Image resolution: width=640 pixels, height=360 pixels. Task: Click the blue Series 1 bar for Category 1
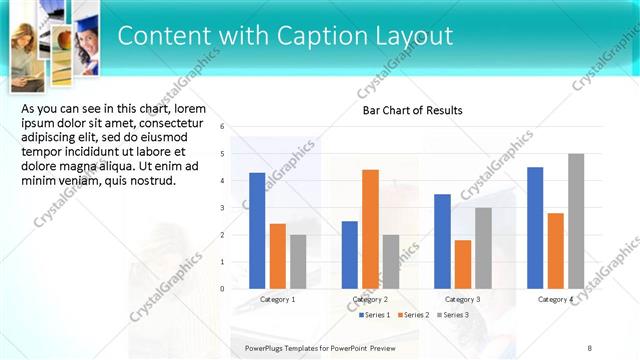point(257,230)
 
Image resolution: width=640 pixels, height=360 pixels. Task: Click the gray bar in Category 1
point(298,261)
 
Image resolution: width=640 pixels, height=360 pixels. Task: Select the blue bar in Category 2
point(349,254)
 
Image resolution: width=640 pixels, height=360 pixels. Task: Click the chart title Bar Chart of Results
point(412,110)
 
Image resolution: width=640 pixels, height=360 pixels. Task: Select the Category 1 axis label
point(277,299)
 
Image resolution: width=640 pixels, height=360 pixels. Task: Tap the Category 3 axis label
point(462,299)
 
